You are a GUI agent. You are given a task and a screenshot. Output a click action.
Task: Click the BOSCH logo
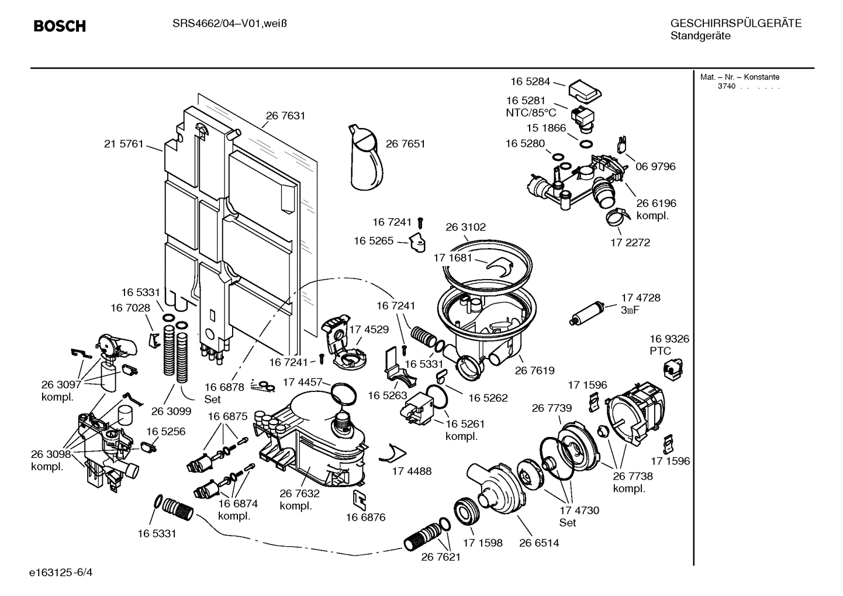click(x=60, y=26)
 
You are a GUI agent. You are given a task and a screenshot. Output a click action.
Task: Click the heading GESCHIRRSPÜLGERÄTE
click(x=735, y=24)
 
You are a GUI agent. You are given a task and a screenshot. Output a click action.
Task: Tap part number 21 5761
click(x=123, y=144)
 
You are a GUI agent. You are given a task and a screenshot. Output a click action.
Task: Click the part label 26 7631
click(x=285, y=116)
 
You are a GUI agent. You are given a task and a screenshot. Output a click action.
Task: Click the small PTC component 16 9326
click(x=672, y=368)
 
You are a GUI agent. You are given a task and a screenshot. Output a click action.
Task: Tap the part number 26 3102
click(x=465, y=227)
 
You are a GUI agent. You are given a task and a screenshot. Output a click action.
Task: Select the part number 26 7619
click(x=534, y=370)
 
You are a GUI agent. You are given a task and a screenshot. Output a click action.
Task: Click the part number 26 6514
click(x=538, y=543)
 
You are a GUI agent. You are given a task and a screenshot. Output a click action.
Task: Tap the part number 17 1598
click(x=482, y=543)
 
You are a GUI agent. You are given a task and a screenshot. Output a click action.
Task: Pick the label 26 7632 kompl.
click(x=299, y=499)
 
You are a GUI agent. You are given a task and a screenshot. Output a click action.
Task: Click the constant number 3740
click(x=727, y=87)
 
